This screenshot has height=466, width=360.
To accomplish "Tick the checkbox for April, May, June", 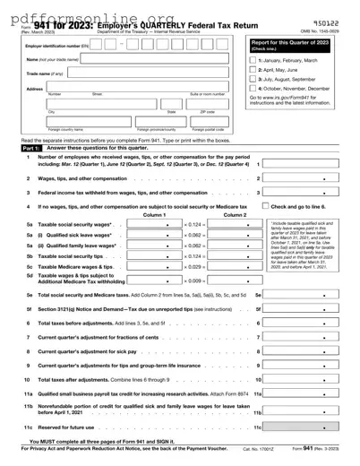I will (253, 68).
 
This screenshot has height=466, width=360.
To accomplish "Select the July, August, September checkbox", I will (253, 79).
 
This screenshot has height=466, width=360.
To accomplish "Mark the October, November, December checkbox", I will (253, 89).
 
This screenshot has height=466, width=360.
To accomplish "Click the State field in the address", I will (171, 105).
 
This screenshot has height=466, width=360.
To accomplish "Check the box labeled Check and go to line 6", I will (265, 208).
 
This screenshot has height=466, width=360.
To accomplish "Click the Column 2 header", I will (235, 215).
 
